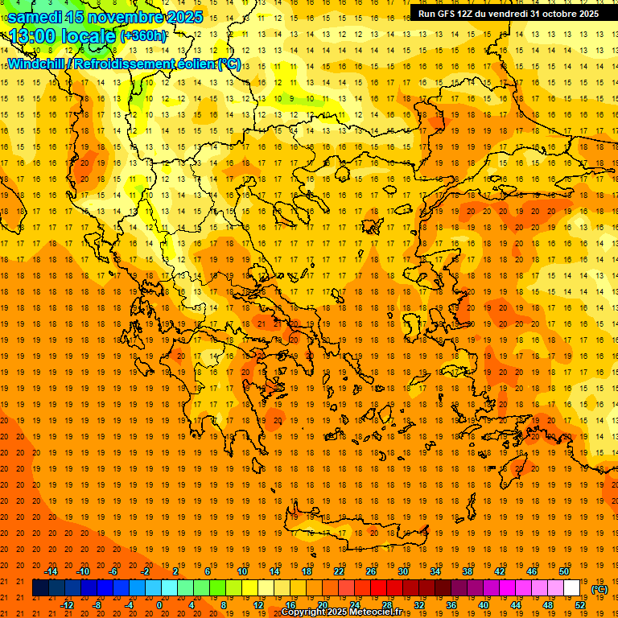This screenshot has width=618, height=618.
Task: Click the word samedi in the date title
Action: (x=35, y=16)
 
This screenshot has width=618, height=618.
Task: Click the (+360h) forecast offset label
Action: (x=143, y=36)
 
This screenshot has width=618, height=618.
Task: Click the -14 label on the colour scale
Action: (x=51, y=571)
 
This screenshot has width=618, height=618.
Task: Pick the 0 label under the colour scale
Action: (x=159, y=605)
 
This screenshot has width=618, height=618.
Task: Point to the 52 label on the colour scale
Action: (x=579, y=605)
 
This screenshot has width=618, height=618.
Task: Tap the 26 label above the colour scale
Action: (x=371, y=571)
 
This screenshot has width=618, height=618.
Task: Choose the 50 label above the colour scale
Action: (x=564, y=571)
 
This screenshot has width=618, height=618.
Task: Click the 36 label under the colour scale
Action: (x=451, y=605)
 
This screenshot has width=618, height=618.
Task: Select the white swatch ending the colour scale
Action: (x=571, y=588)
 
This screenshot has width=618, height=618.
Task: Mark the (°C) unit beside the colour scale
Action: (x=599, y=589)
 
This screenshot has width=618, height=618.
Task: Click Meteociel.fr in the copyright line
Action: (x=381, y=612)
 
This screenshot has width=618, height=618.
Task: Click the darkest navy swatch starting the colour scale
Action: (x=40, y=588)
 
